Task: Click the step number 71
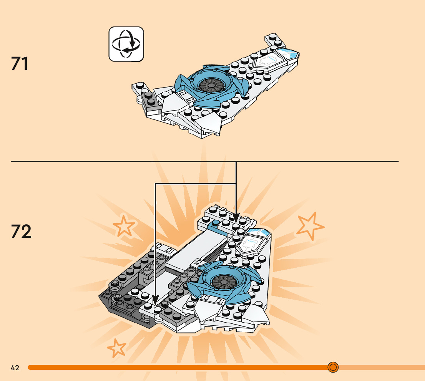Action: coord(20,64)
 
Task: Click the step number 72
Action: coord(21,231)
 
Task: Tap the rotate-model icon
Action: coord(126,44)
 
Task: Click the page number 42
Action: coord(15,368)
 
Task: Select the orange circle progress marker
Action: coord(333,367)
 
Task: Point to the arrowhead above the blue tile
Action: coord(236,218)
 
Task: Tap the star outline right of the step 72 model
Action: coord(310,227)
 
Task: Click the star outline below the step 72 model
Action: coord(117,348)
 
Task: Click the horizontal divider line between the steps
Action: coord(77,162)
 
